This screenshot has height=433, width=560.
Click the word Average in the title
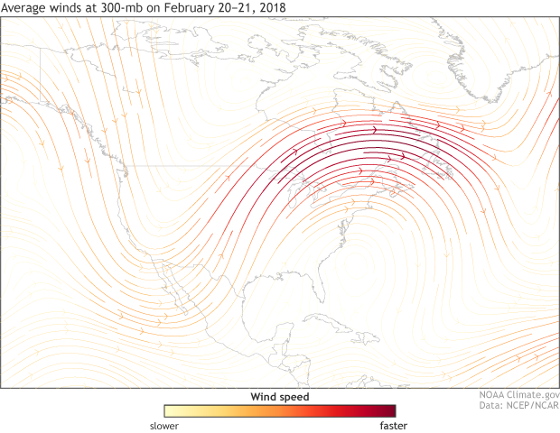point(24,9)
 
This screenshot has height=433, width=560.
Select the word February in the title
point(184,9)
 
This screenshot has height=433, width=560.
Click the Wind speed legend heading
point(279,397)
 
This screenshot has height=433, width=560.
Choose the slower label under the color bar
point(163,426)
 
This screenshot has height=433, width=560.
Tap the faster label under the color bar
point(395,426)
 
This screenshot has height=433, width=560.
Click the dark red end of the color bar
point(388,410)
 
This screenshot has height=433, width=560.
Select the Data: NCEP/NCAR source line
point(519,407)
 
